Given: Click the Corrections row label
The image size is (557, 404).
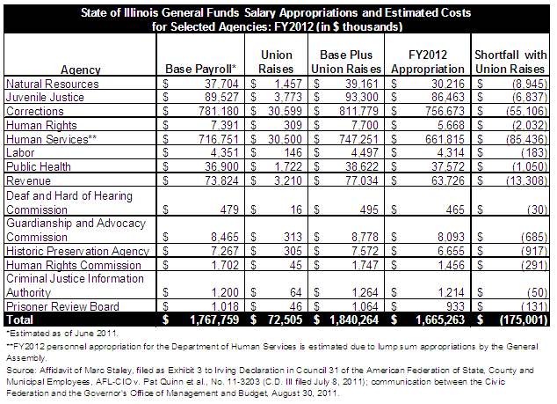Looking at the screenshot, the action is click(35, 112).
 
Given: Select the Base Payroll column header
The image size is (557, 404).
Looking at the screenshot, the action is click(200, 69).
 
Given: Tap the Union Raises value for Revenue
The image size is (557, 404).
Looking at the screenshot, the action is click(288, 180).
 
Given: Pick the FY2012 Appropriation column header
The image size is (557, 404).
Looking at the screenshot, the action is click(428, 62).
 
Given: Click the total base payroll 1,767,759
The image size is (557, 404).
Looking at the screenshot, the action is click(214, 320).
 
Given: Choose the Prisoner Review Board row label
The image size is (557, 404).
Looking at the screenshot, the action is click(62, 306).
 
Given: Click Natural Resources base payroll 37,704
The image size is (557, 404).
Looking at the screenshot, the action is click(221, 84).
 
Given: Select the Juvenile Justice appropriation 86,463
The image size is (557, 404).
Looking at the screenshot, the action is click(447, 97).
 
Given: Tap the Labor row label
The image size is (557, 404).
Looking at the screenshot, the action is click(20, 152).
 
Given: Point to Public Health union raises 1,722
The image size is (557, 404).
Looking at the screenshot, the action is click(288, 166).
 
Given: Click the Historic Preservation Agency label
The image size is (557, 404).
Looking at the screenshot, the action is click(78, 252).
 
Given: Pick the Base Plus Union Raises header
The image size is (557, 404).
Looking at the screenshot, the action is click(346, 62).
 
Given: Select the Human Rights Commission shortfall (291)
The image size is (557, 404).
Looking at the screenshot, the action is click(534, 265).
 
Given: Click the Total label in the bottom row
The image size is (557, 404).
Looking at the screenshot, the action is click(20, 320).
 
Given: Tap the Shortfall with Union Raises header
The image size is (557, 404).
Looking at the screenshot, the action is click(510, 62).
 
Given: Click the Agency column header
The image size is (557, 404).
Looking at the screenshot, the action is click(81, 70).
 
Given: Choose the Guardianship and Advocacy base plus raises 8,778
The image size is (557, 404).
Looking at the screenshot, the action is click(365, 237).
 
